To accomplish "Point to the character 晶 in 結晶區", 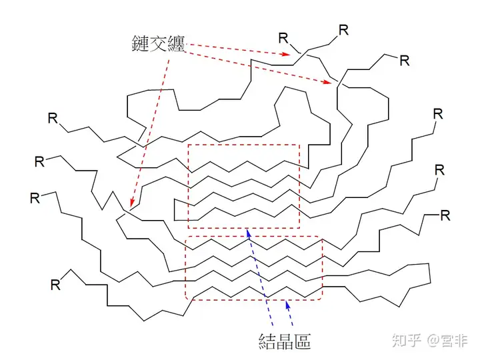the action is (x=285, y=341).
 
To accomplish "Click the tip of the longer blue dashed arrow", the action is (x=247, y=231).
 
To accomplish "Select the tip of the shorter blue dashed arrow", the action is (x=287, y=302).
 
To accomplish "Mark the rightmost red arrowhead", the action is (x=331, y=83).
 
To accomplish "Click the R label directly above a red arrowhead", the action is (x=284, y=37).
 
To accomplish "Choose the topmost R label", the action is (x=343, y=29).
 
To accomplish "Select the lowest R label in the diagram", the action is (x=56, y=285).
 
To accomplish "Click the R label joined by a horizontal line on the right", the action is (x=445, y=215).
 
